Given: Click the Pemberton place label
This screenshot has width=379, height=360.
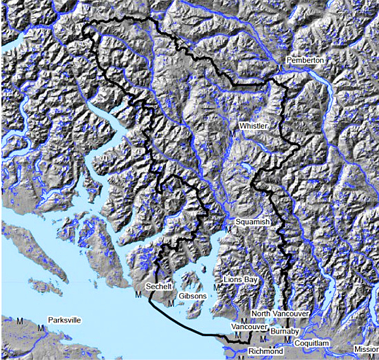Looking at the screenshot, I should [304, 60].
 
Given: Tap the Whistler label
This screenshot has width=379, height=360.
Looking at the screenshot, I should [253, 126].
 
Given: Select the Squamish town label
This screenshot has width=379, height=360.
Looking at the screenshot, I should [252, 222].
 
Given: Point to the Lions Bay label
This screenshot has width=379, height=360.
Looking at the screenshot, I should [240, 279].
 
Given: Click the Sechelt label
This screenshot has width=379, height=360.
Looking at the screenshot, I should [158, 286].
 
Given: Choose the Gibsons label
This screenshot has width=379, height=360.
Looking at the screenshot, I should [192, 296].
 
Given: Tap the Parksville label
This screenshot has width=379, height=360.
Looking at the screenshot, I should [64, 320].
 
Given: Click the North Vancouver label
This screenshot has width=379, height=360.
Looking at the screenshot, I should [279, 314].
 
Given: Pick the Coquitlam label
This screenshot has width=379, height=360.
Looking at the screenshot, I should [312, 342].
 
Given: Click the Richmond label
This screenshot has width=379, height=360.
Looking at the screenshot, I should [265, 351].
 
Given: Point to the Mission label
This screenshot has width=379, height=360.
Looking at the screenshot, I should [366, 349].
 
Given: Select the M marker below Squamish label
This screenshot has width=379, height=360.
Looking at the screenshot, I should [228, 229].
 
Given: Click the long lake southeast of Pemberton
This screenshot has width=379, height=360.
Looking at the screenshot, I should [330, 95].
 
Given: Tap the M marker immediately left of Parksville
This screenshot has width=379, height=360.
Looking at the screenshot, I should [41, 328].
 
